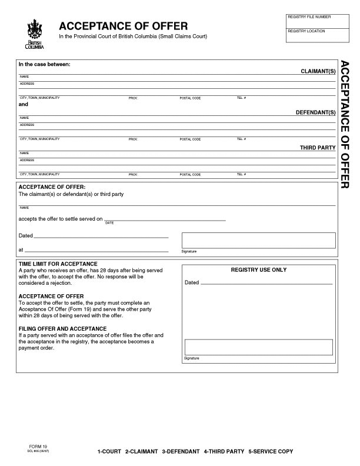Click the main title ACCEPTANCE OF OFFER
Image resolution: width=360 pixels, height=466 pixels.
123,26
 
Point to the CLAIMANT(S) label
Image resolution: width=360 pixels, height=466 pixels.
318,71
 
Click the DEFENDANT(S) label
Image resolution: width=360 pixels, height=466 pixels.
315,112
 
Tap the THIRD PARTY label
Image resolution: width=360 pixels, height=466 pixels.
318,147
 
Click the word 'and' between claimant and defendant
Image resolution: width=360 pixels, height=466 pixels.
24,104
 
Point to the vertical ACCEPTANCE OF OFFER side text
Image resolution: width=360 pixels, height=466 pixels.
346,124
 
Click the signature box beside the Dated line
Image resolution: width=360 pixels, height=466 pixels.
258,240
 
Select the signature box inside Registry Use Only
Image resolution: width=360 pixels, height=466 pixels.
258,347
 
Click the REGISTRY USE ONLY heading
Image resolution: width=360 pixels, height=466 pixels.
258,269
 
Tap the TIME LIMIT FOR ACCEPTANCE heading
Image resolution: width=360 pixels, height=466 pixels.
58,264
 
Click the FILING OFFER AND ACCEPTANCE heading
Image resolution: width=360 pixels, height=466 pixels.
63,328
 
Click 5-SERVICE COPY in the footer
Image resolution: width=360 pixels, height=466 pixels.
271,451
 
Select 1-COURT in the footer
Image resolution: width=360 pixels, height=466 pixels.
109,451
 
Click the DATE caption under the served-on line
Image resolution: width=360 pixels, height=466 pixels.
109,222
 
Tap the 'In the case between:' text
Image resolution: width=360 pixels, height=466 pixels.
45,64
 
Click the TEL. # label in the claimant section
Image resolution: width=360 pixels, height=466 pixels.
241,98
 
